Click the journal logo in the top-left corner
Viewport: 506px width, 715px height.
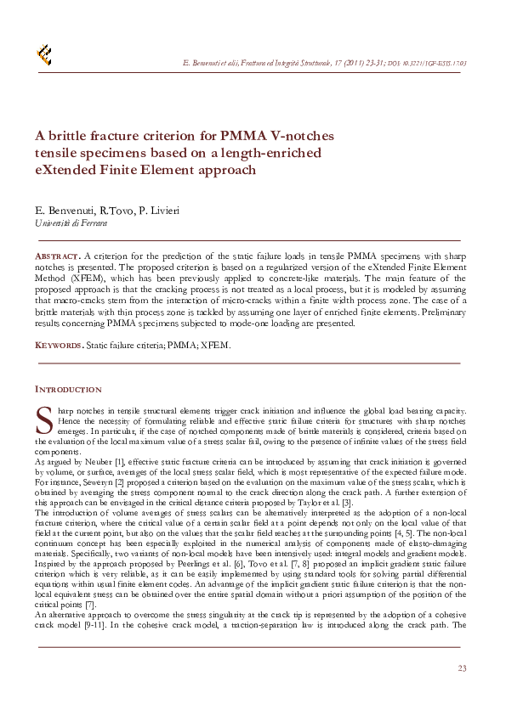[x=43, y=55]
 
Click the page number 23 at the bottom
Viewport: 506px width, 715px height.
[x=462, y=669]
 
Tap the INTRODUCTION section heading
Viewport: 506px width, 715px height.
[x=68, y=390]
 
